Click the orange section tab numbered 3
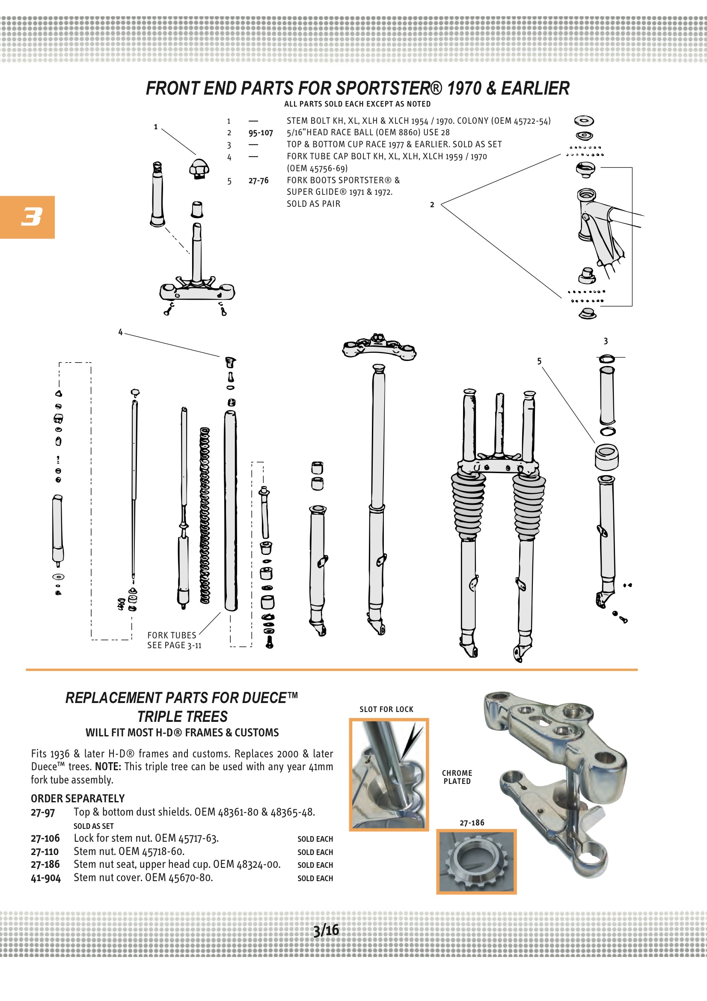pyautogui.click(x=27, y=217)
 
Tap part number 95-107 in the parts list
pyautogui.click(x=261, y=133)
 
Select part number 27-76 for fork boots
pyautogui.click(x=258, y=181)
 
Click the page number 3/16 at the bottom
pyautogui.click(x=326, y=930)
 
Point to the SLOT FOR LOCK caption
pyautogui.click(x=386, y=709)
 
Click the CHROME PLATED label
pyautogui.click(x=457, y=777)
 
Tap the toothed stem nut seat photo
pyautogui.click(x=476, y=861)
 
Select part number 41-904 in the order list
pyautogui.click(x=46, y=878)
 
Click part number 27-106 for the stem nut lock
pyautogui.click(x=45, y=838)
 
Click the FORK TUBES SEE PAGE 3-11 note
pyautogui.click(x=174, y=640)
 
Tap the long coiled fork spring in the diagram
pyautogui.click(x=205, y=516)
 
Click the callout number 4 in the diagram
pyautogui.click(x=121, y=332)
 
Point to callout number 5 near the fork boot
pyautogui.click(x=539, y=361)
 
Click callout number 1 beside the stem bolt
pyautogui.click(x=156, y=127)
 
